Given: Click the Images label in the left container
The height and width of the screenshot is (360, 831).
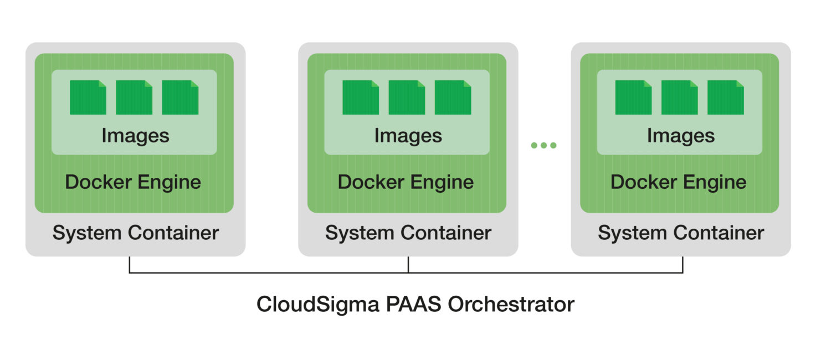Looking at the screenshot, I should coord(135,136).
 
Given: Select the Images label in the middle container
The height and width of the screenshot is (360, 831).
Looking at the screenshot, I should coord(408,136).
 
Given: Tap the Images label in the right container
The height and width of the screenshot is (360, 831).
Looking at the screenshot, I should coord(680,136).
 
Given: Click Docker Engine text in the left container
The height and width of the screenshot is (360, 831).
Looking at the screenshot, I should coord(133,182).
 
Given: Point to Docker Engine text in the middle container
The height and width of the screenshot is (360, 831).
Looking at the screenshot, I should coord(406,182).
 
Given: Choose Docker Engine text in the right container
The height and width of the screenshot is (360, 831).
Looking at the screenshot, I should coord(678,182).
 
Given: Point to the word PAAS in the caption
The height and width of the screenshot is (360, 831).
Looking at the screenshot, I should coord(408,305).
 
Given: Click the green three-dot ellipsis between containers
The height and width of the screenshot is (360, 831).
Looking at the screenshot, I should coord(543,146).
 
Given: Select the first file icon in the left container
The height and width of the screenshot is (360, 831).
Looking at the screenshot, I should coord(88,97).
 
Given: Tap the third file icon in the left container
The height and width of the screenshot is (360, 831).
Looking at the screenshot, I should coord(180,97).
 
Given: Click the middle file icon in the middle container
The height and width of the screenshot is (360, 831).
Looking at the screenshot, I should coord(407,97).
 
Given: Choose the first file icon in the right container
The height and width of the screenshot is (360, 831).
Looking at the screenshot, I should coord(633,97).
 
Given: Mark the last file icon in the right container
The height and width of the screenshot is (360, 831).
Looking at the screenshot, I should coord(726,97).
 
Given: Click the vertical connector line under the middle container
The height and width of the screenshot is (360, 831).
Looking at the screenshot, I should coord(408,264).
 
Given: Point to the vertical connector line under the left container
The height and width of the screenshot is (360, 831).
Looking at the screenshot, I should coord(130,264).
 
